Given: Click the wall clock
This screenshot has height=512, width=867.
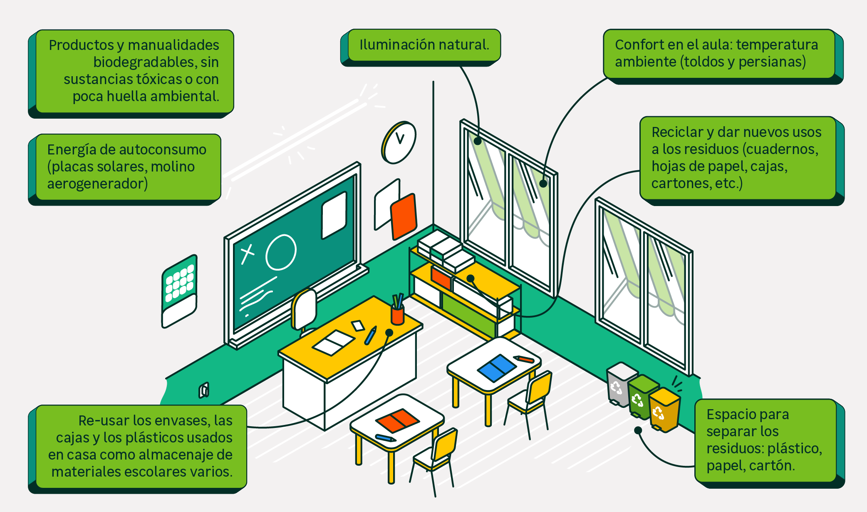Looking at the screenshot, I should (x=399, y=143).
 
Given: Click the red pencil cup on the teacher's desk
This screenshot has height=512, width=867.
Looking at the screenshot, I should (x=398, y=314).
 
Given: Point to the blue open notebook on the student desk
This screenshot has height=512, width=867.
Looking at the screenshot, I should (x=497, y=368).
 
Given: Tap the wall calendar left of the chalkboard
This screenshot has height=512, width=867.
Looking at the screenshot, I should (x=179, y=291).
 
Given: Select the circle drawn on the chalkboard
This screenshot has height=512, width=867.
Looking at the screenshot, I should (x=281, y=252).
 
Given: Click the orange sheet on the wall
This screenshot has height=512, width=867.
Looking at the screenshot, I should (x=403, y=216).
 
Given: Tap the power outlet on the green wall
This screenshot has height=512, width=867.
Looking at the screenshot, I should (x=204, y=390).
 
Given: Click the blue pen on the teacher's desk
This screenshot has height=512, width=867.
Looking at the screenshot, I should (x=370, y=335).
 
